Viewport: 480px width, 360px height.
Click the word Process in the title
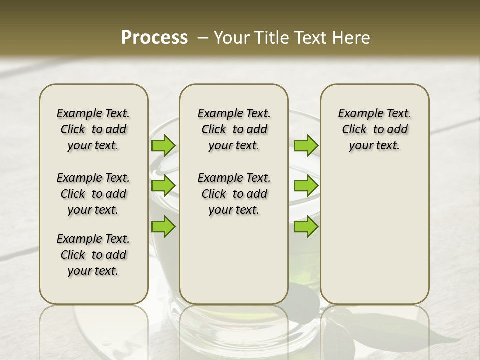154,38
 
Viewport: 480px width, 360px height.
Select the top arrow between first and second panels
163,146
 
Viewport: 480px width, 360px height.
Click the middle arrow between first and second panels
163,186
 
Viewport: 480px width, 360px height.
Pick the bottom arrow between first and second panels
163,226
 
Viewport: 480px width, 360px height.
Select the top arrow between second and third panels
306,146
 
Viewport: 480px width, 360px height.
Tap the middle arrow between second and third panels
306,186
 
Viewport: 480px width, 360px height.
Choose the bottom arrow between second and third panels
306,226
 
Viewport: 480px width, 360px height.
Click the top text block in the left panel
93,129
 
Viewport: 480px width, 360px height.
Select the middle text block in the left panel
93,194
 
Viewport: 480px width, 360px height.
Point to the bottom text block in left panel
93,255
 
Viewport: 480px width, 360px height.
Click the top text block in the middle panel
234,129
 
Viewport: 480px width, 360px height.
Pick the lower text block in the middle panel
234,194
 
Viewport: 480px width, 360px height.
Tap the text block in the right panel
375,129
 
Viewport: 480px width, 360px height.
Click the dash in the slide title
203,38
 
